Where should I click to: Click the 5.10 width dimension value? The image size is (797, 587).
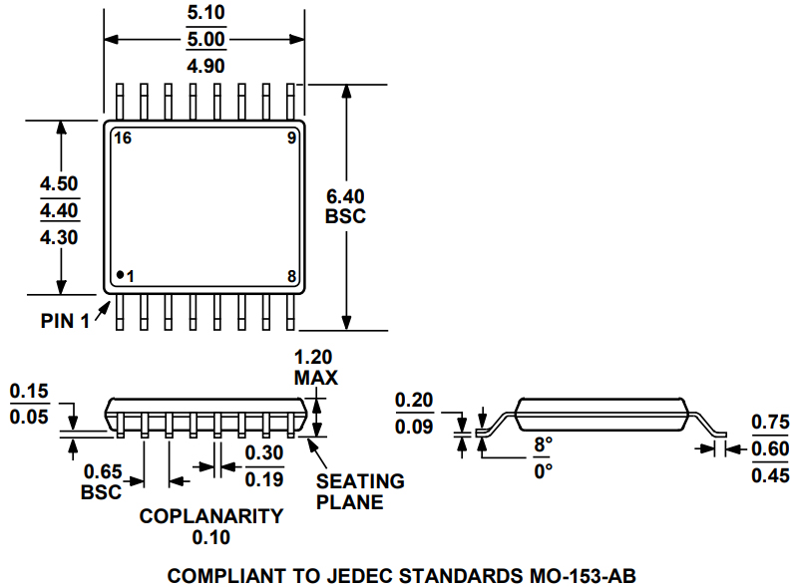coord(205,14)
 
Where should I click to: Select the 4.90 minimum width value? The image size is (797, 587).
coord(205,66)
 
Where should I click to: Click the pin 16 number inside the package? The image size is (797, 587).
coord(123,139)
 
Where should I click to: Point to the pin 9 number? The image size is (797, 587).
coord(291,139)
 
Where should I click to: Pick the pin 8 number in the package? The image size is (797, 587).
coord(291,276)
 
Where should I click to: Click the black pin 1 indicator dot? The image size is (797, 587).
coord(119,275)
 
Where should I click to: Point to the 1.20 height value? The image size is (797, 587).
coord(315,358)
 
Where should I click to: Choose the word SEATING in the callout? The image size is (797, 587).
coord(360,481)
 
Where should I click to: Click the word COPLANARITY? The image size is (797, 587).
coord(210,516)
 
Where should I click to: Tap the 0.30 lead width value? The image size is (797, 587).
coord(264,452)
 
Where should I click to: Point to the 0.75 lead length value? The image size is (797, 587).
coord(770,422)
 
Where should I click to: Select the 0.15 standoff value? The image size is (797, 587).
coord(29,391)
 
